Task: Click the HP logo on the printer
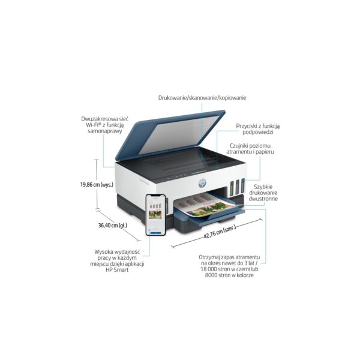[x=202, y=183]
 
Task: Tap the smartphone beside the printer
[x=156, y=215]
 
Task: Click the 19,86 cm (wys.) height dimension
[x=97, y=184]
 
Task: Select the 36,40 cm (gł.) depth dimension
[x=113, y=225]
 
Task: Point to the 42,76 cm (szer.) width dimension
[x=220, y=232]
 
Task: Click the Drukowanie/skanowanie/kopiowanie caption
[x=202, y=98]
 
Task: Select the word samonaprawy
[x=104, y=131]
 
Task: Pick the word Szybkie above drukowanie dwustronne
[x=263, y=187]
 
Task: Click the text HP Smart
[x=117, y=270]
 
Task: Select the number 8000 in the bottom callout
[x=211, y=275]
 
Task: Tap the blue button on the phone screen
[x=156, y=233]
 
